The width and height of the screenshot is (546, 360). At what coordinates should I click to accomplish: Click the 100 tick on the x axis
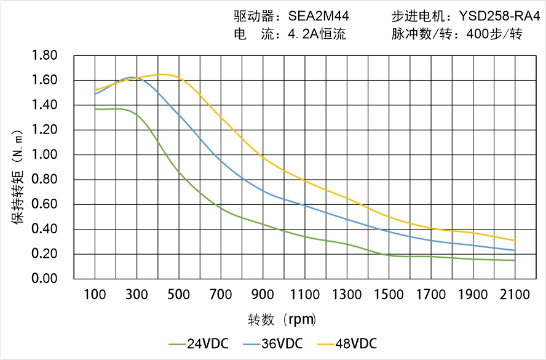tap(95, 295)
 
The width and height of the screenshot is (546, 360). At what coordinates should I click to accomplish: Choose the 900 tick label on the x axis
tap(263, 295)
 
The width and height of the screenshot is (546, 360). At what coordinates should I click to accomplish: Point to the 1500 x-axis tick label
tap(389, 295)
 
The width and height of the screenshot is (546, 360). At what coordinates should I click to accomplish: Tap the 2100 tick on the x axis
tap(515, 295)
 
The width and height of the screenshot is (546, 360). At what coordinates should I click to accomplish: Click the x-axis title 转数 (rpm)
tap(282, 320)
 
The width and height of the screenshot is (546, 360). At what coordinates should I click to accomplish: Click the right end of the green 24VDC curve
tap(515, 260)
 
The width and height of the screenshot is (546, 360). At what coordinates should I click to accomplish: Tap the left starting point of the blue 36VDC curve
tap(95, 94)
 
